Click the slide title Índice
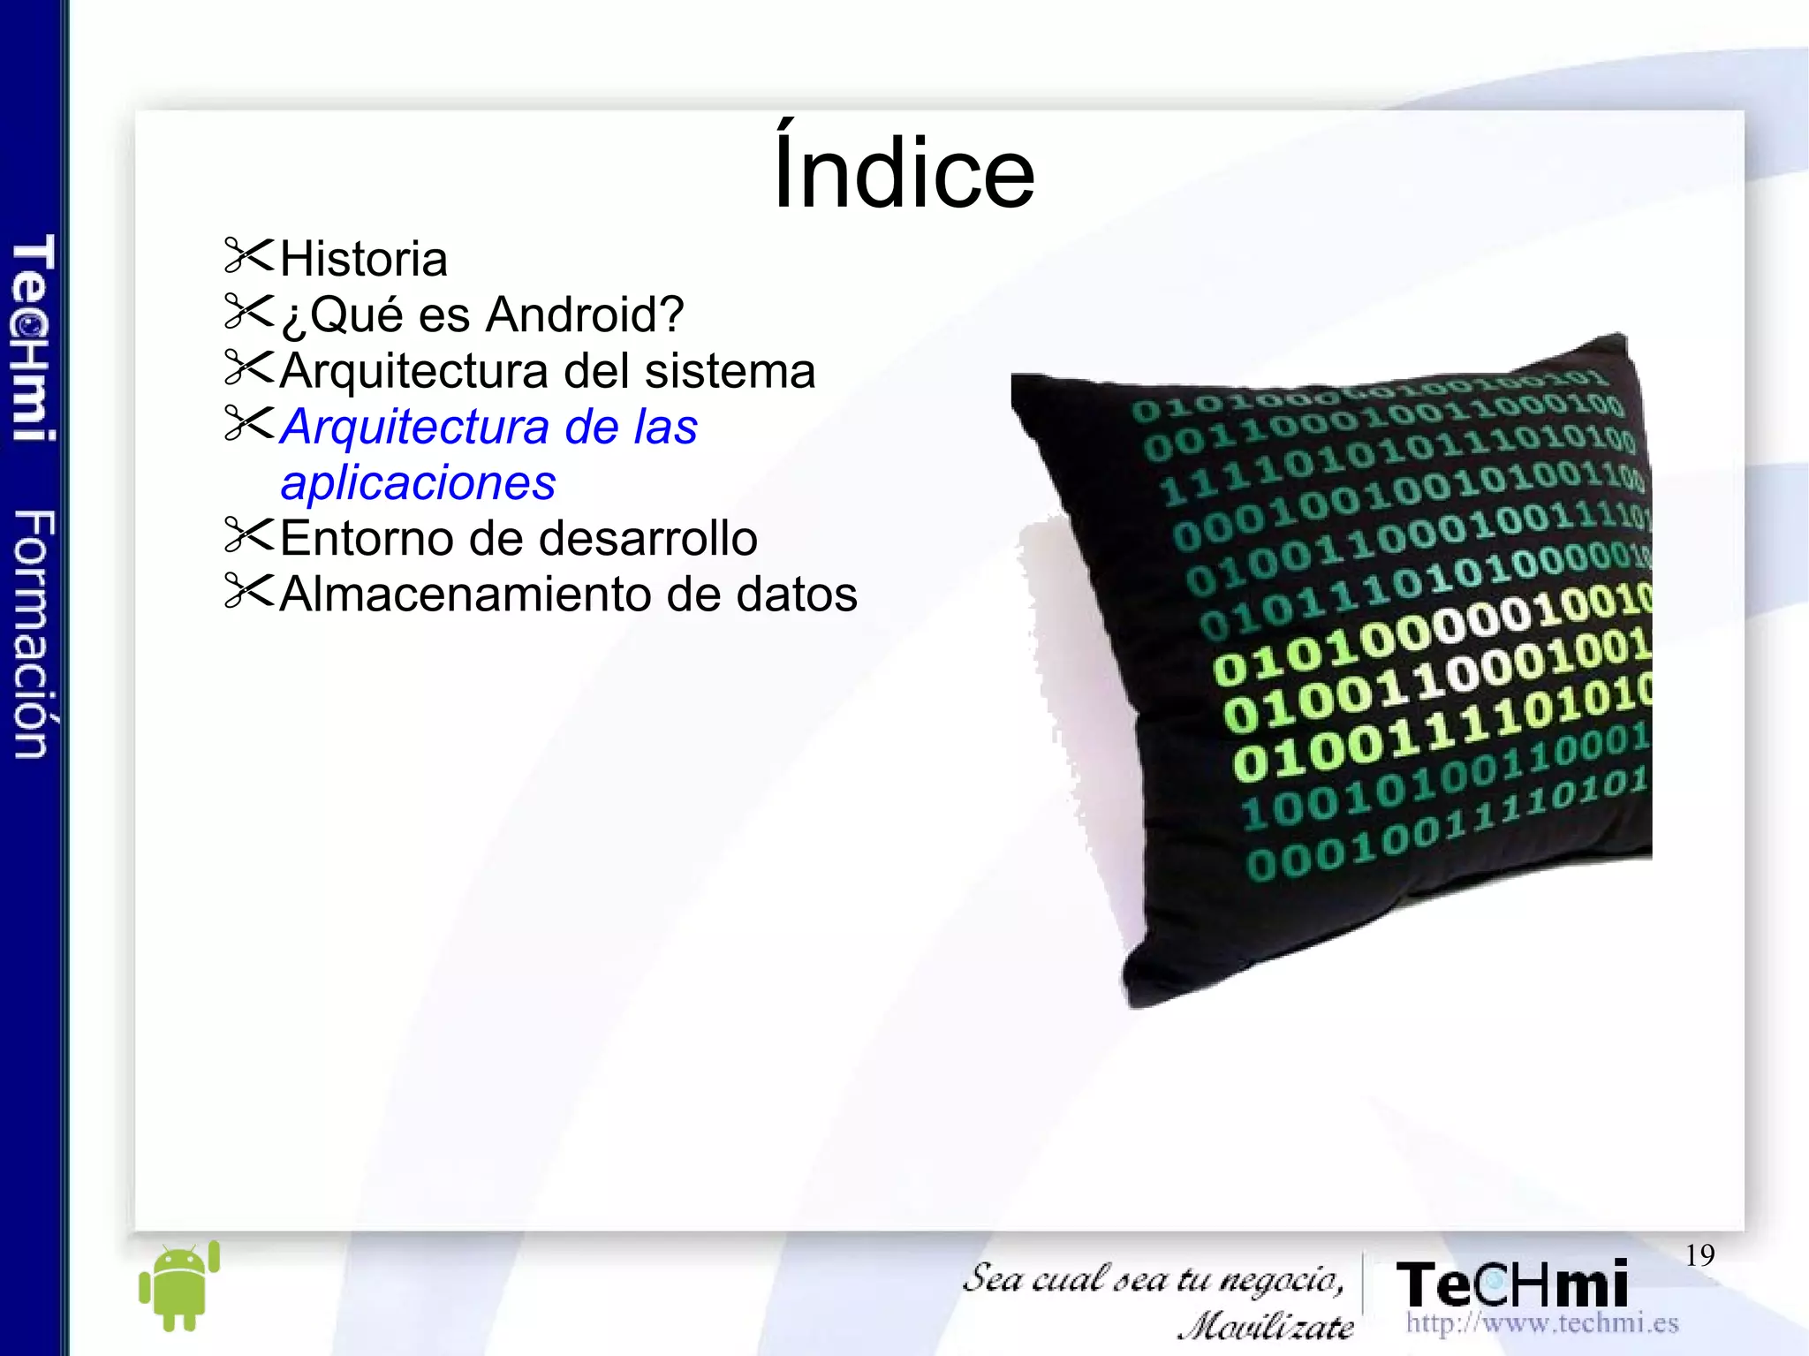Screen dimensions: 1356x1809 904,170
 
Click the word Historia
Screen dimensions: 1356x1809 364,259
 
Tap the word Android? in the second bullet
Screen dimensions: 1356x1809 585,314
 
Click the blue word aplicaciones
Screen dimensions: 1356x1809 418,482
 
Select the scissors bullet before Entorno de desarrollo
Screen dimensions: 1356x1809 249,535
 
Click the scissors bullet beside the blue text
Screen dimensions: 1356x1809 249,423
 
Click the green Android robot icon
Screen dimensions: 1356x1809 179,1286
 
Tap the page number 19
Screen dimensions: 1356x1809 1699,1254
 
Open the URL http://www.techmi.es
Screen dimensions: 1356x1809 1541,1322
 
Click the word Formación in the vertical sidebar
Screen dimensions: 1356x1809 34,633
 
